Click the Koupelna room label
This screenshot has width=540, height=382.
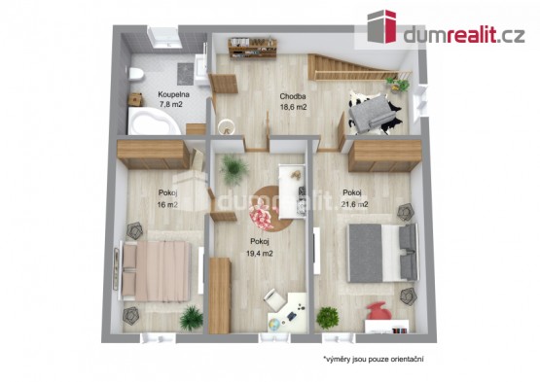(173, 94)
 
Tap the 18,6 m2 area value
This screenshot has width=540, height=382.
(293, 107)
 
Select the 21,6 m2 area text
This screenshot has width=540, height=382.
(355, 204)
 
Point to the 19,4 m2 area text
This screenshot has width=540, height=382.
(260, 254)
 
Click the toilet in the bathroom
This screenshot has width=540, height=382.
(135, 74)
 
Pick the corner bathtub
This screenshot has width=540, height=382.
(154, 121)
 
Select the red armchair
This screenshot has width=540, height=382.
(378, 311)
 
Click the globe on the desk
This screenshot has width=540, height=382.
(274, 325)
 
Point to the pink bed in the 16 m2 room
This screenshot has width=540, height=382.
(155, 270)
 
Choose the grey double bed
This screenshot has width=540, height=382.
(382, 253)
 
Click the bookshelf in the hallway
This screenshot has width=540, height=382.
(252, 49)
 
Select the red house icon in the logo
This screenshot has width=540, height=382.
(381, 26)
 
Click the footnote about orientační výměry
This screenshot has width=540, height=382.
(373, 360)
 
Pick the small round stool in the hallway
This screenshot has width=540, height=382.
(227, 126)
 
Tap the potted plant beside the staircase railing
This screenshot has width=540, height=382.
(398, 85)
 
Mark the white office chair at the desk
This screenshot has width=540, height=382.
(274, 299)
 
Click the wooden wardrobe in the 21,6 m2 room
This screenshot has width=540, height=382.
(384, 156)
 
